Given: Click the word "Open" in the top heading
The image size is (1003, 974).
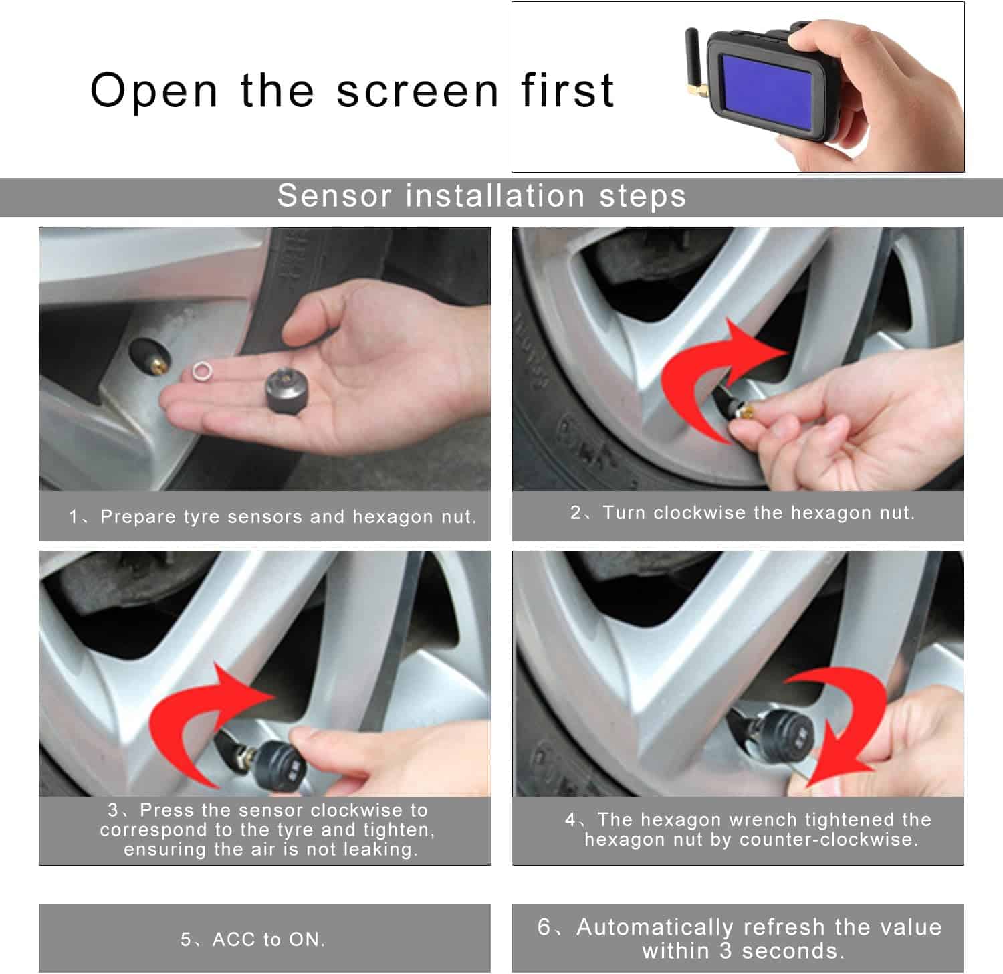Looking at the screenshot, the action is pos(154,91).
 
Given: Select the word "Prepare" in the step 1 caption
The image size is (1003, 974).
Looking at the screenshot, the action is pos(138,517).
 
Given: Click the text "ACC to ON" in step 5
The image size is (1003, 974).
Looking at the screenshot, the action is pos(266,939).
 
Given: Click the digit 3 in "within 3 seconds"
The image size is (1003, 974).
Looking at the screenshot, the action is pos(726,951).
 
